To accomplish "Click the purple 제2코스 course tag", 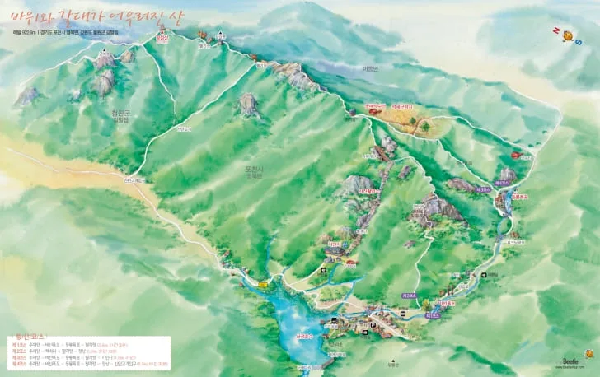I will (x=408, y=295).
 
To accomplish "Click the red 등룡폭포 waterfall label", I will (x=518, y=197).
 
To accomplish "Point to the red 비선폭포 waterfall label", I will (x=447, y=304).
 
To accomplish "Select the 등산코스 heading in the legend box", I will (x=28, y=338).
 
